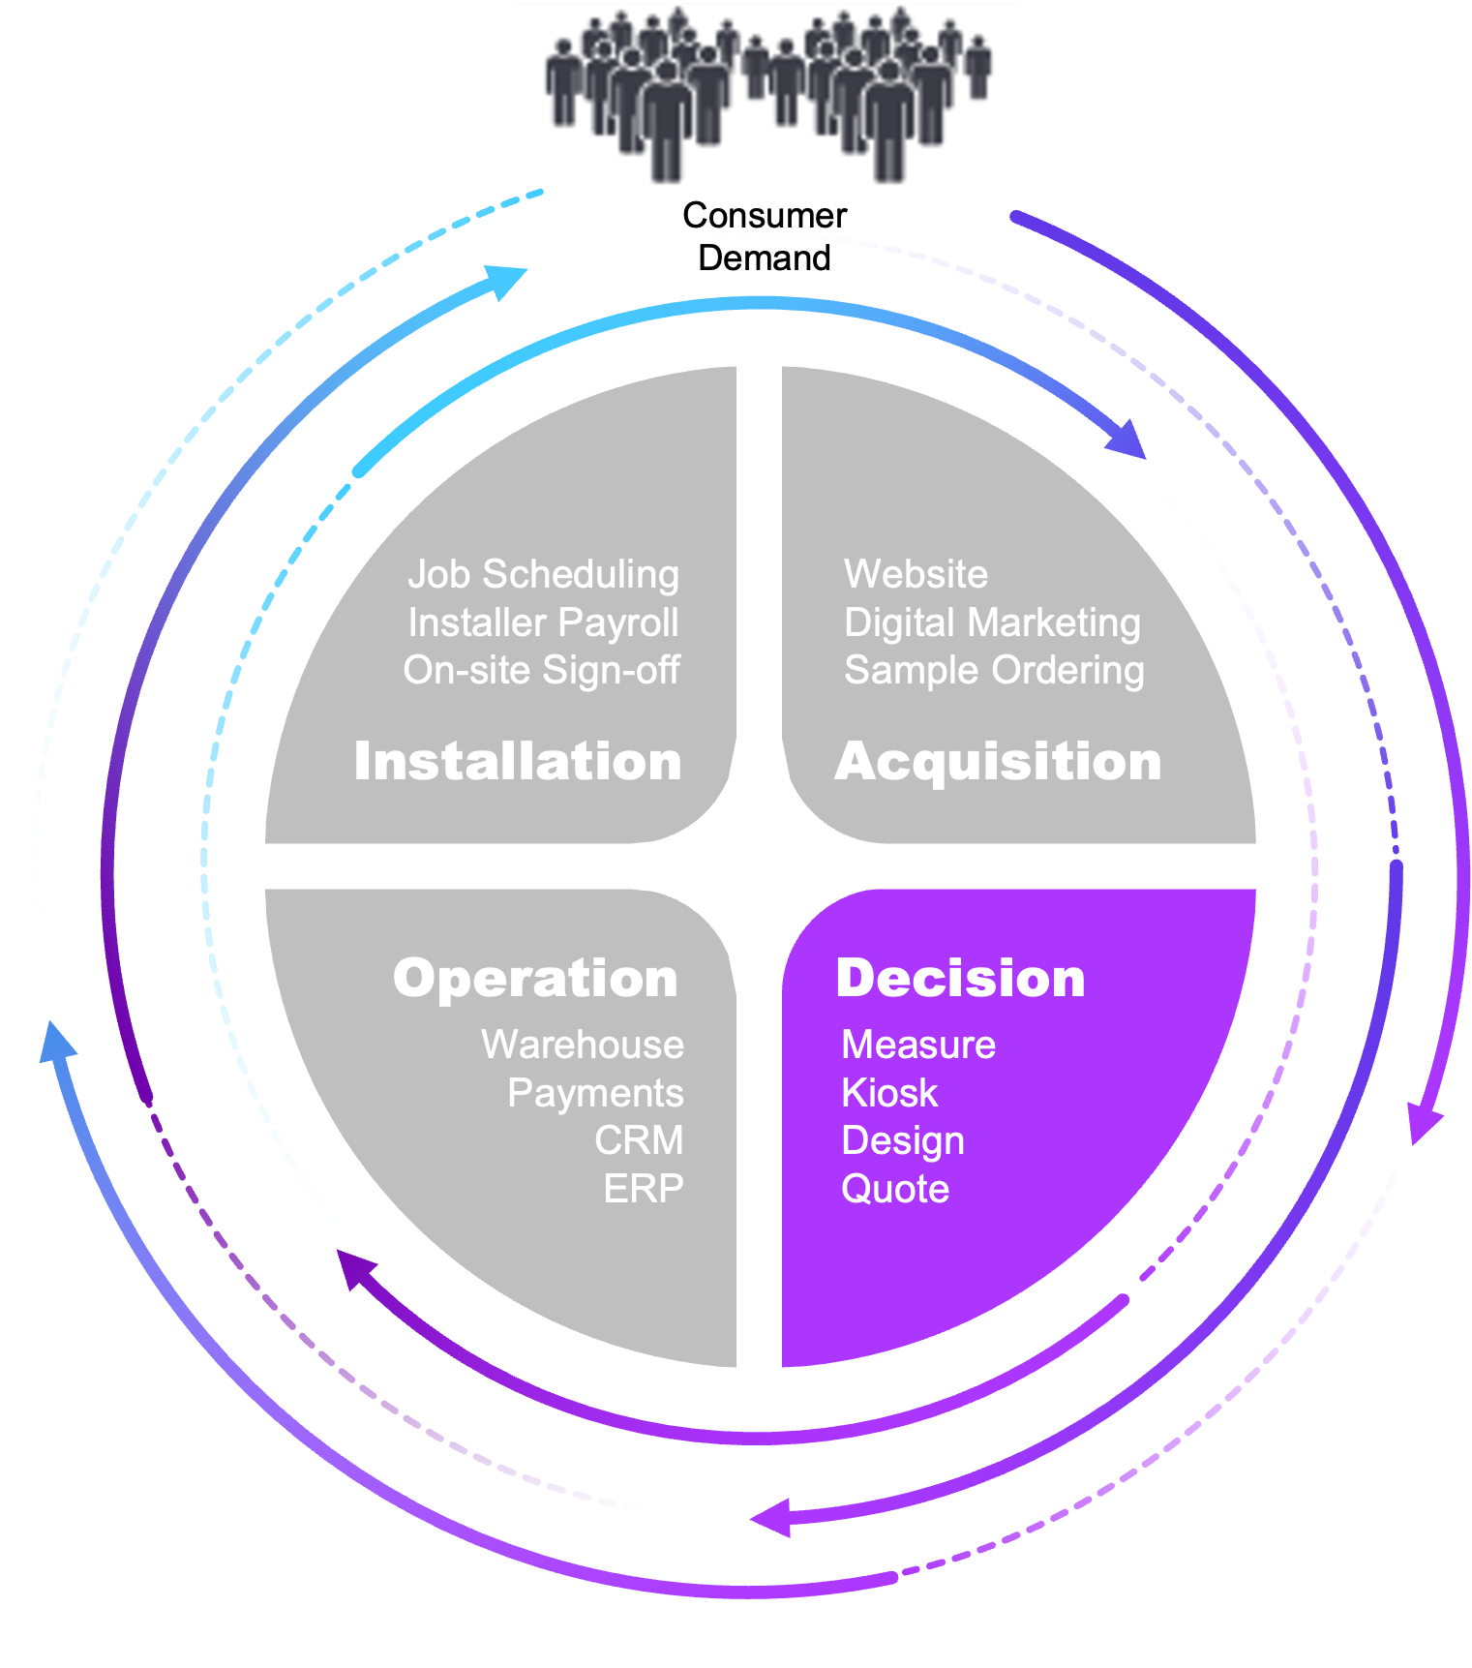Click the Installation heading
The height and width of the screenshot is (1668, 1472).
[x=518, y=761]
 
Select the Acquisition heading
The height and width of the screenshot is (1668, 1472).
[x=998, y=761]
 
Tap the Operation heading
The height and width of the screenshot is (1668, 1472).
[x=535, y=978]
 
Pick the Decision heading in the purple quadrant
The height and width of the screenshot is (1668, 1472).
[x=960, y=978]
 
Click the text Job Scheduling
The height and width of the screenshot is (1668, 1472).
[x=543, y=574]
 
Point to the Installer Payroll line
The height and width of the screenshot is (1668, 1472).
[x=543, y=622]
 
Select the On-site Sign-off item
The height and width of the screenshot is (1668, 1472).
[x=541, y=670]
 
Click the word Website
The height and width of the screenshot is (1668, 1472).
[x=916, y=574]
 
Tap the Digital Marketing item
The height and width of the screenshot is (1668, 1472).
[x=992, y=622]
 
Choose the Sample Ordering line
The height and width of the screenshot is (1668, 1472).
[x=994, y=670]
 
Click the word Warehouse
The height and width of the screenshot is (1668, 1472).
[x=583, y=1045]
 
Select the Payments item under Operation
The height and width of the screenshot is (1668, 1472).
[x=595, y=1093]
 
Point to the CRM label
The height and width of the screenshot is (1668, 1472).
[x=639, y=1140]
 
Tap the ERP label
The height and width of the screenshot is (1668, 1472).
[x=644, y=1189]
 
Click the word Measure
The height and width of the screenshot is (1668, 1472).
[x=918, y=1045]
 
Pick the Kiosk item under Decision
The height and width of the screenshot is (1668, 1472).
[x=889, y=1093]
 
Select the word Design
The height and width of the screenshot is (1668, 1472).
[x=903, y=1140]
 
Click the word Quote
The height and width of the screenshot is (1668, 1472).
[x=895, y=1189]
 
